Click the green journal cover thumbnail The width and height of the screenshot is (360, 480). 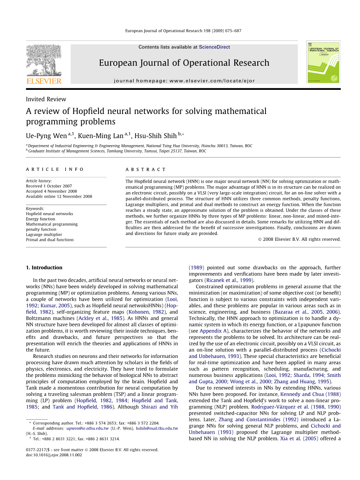pos(323,62)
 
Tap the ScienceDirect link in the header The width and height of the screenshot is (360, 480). pos(214,47)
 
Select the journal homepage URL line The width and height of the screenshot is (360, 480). pos(184,81)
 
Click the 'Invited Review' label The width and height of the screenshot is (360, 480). pos(46,99)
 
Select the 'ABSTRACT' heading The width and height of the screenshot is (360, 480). pos(146,170)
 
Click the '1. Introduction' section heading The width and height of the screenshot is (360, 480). pos(44,268)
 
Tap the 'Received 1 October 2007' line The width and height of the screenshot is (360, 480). pos(49,186)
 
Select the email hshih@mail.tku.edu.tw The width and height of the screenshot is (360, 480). pos(156,428)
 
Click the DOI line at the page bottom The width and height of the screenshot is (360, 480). pos(54,455)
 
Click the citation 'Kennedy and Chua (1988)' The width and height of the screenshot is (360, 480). pos(310,394)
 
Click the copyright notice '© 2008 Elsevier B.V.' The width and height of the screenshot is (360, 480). pos(299,239)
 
